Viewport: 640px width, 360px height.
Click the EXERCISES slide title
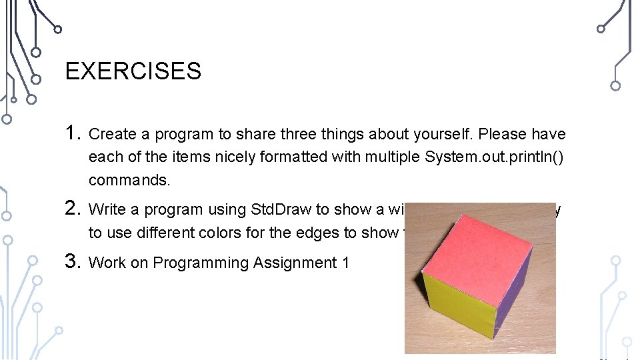click(133, 71)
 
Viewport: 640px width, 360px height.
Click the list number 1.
click(73, 133)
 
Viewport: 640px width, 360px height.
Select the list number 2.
click(73, 209)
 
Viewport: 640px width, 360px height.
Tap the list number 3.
click(73, 262)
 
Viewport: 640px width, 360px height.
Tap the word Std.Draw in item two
click(280, 209)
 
